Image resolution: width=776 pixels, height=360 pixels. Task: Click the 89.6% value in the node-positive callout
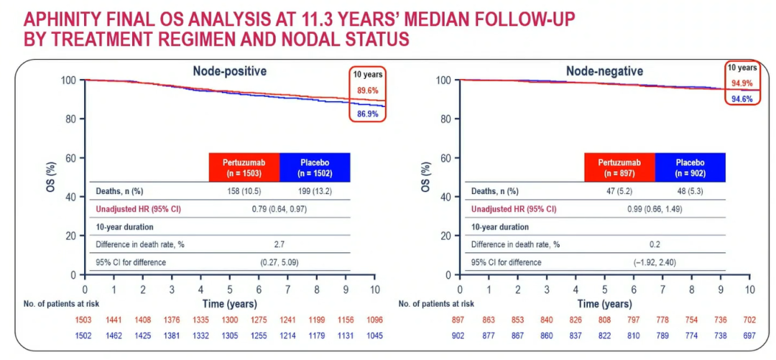pyautogui.click(x=368, y=91)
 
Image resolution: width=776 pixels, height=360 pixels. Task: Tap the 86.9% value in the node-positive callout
pyautogui.click(x=368, y=114)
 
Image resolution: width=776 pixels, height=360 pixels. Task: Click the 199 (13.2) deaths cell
pyautogui.click(x=313, y=191)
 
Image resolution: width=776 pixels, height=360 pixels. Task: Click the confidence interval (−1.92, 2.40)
pyautogui.click(x=655, y=262)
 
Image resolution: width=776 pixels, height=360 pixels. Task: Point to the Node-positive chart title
pyautogui.click(x=229, y=71)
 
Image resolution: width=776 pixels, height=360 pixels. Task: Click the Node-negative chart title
pyautogui.click(x=604, y=71)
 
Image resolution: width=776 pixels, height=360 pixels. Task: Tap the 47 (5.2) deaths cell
pyautogui.click(x=619, y=191)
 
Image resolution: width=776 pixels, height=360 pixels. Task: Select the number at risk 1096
pyautogui.click(x=374, y=320)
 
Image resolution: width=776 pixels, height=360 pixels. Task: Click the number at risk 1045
pyautogui.click(x=374, y=335)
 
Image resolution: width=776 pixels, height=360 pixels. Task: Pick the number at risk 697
pyautogui.click(x=749, y=335)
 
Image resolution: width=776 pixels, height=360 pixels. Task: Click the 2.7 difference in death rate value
pyautogui.click(x=279, y=244)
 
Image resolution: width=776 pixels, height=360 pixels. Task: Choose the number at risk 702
pyautogui.click(x=749, y=320)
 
